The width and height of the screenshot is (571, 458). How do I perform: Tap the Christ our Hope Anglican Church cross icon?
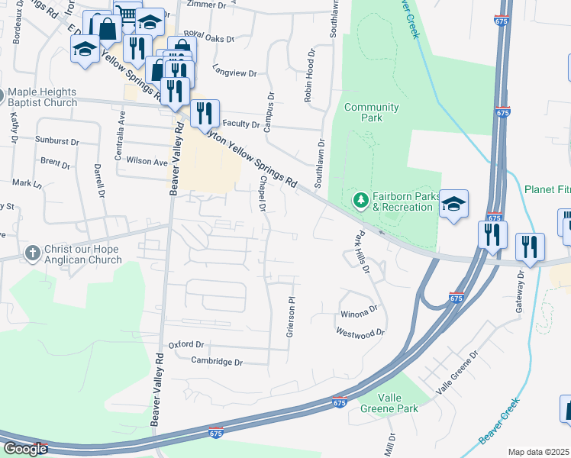(x=32, y=253)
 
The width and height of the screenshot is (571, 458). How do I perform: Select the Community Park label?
(x=371, y=112)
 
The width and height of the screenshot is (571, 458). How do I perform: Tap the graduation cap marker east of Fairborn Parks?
(x=453, y=204)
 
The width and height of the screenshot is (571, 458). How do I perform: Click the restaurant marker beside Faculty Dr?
(x=205, y=114)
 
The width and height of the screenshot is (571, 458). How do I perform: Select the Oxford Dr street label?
(x=186, y=345)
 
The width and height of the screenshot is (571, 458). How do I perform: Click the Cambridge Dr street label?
(x=216, y=361)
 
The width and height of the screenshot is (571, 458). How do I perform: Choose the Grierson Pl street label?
(x=291, y=317)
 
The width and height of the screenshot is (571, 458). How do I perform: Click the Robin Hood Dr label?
(x=309, y=77)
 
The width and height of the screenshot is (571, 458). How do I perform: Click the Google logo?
(x=25, y=449)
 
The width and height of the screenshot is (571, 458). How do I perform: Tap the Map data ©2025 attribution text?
(x=539, y=452)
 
